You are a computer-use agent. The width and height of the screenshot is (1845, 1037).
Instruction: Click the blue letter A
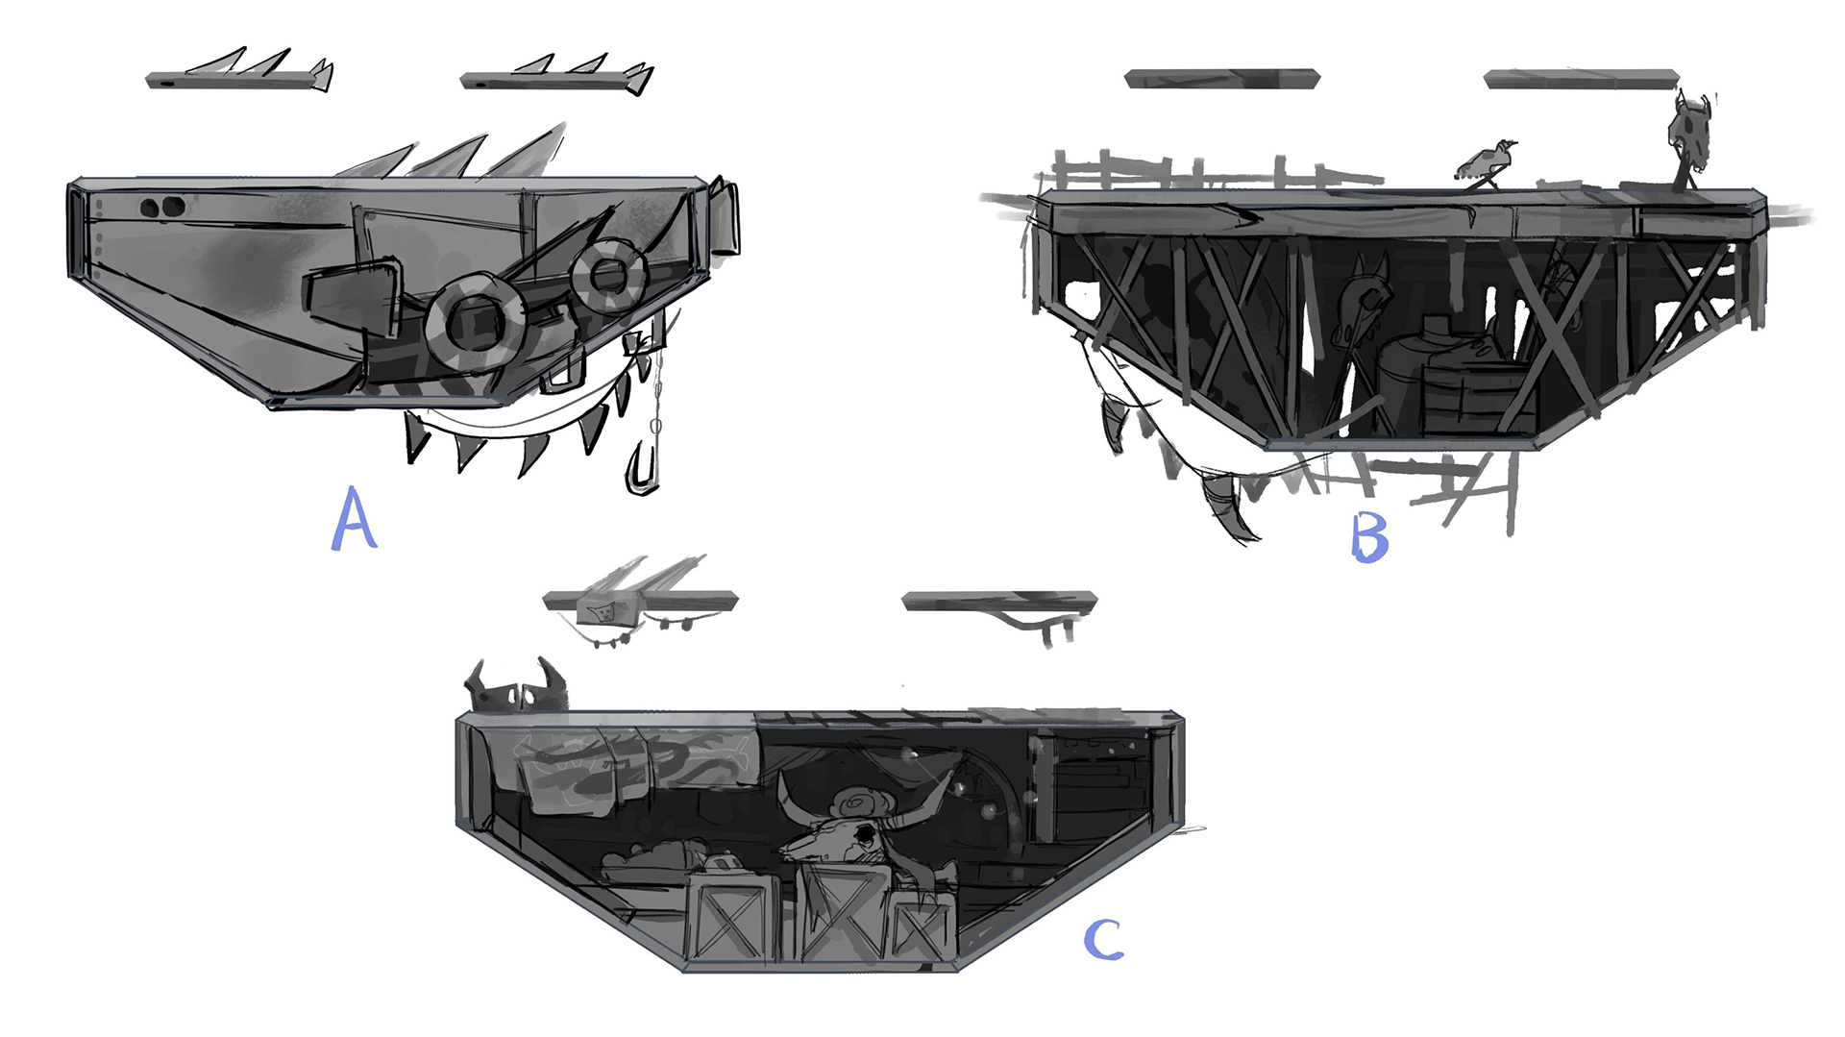[x=354, y=519]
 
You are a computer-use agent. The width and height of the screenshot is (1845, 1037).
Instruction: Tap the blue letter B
[x=1369, y=537]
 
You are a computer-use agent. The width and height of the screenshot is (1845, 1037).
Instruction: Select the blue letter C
[x=1103, y=940]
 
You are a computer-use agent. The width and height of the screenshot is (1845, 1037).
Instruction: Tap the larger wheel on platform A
[x=474, y=321]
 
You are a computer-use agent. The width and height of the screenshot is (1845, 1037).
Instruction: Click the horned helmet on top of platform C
[x=516, y=686]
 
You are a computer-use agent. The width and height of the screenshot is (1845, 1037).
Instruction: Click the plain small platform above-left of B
[x=1222, y=78]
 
